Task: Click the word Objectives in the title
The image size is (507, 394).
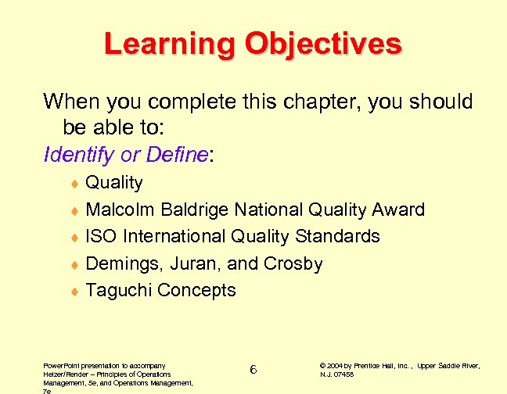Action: (x=322, y=44)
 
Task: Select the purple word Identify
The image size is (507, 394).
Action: (x=78, y=155)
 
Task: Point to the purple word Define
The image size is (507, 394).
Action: (x=174, y=155)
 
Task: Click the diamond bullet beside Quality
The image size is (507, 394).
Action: (x=74, y=184)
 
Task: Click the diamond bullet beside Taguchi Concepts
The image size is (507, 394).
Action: (x=74, y=292)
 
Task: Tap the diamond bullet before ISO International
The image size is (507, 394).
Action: (x=74, y=238)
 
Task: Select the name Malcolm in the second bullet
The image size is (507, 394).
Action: (x=120, y=210)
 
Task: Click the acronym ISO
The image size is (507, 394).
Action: (x=100, y=236)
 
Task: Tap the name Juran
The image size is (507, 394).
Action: (x=185, y=263)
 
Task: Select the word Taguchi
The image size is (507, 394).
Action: (x=118, y=290)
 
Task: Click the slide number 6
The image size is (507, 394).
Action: (x=253, y=369)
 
